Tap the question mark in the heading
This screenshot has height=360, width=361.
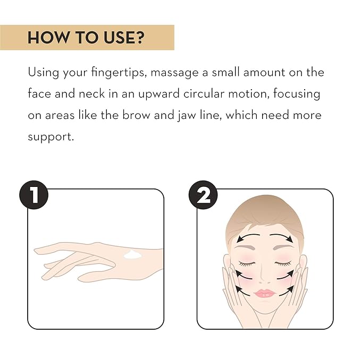(140, 38)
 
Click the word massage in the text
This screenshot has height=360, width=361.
(174, 73)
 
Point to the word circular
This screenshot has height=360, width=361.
(204, 93)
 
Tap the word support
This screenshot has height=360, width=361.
(51, 137)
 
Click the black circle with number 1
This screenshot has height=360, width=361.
(34, 195)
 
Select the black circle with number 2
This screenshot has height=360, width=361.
(203, 195)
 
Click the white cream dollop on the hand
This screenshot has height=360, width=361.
(132, 255)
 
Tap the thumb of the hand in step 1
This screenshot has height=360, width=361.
(97, 277)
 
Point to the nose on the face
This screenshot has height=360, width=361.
(265, 275)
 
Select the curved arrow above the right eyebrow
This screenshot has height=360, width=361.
(281, 237)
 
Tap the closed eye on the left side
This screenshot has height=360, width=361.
(247, 264)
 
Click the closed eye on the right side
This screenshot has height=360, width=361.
(283, 264)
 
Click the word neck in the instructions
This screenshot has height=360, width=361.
(91, 93)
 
